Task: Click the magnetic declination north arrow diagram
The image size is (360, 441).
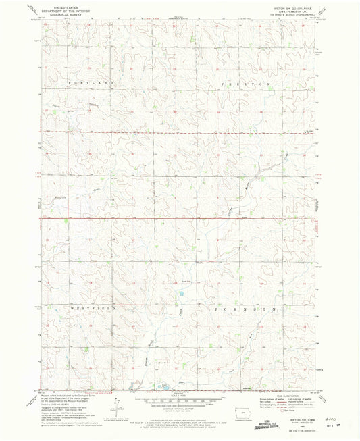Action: pyautogui.click(x=115, y=409)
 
